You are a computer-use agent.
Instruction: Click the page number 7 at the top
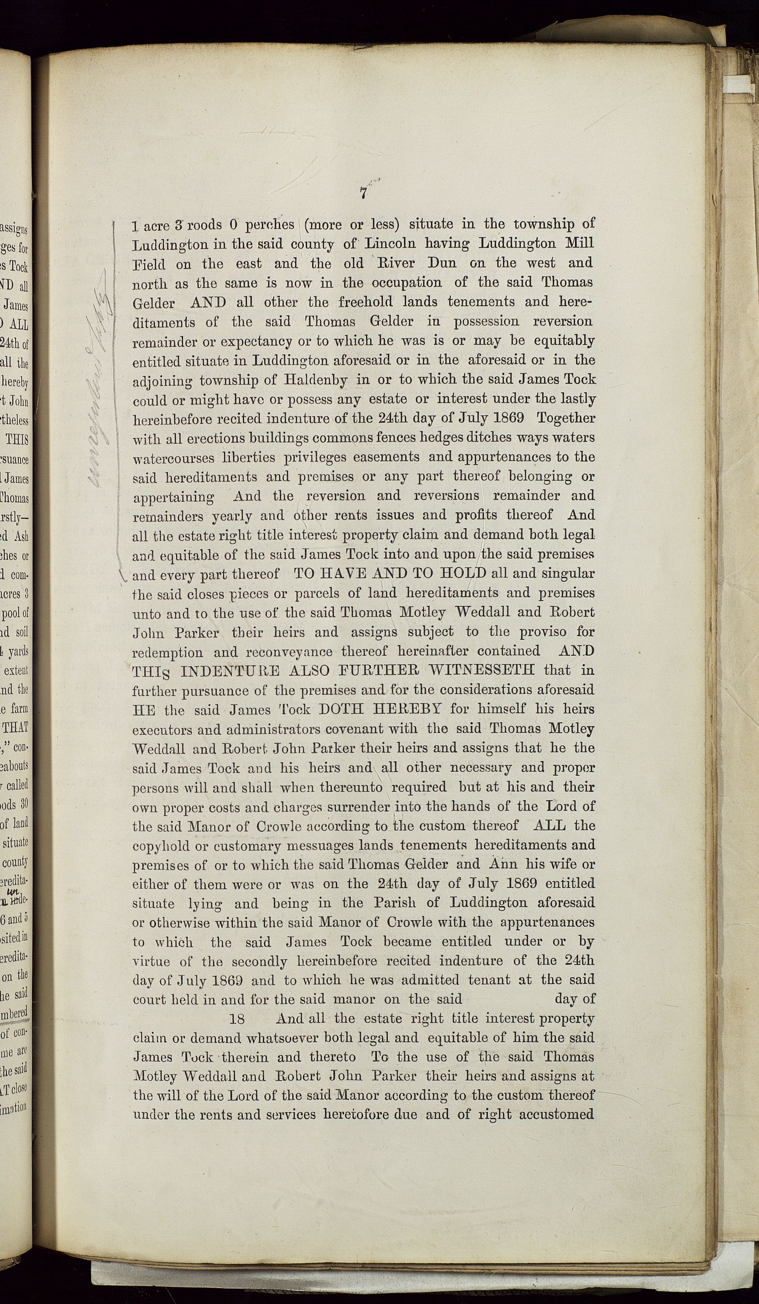tap(363, 193)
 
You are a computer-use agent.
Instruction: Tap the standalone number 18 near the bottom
tap(236, 1019)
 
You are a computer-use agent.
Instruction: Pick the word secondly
tap(260, 961)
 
